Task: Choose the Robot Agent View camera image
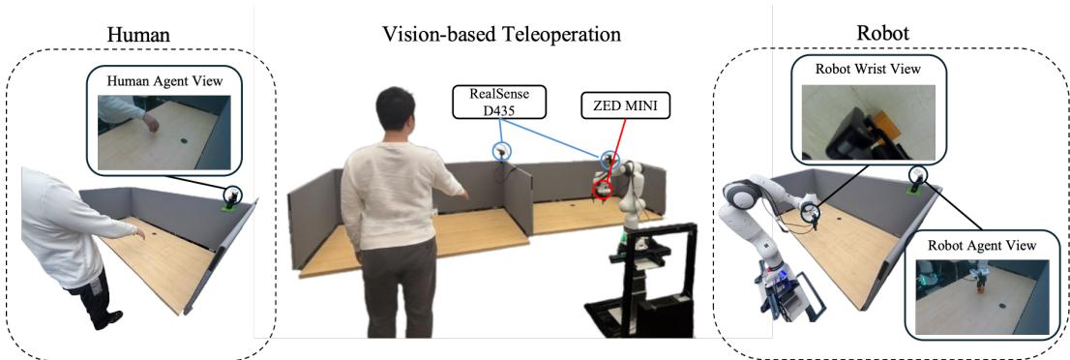(x=981, y=295)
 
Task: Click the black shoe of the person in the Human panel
(x=107, y=318)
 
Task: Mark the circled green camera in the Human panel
(x=232, y=196)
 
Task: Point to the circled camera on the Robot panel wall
(x=917, y=175)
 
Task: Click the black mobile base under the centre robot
(x=639, y=290)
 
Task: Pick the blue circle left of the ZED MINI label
(x=500, y=151)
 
